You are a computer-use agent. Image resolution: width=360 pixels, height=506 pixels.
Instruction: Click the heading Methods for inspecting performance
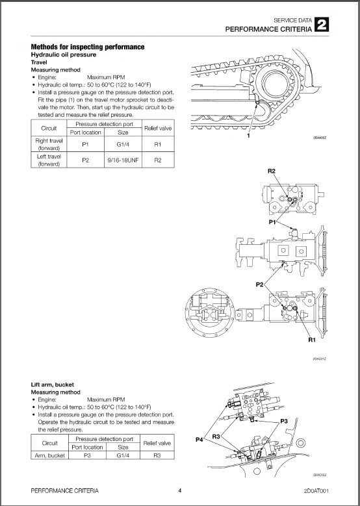(x=88, y=47)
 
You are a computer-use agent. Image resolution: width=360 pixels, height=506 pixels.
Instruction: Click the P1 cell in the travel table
(x=84, y=142)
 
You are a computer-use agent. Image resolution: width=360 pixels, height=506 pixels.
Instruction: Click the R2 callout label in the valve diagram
(x=272, y=171)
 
